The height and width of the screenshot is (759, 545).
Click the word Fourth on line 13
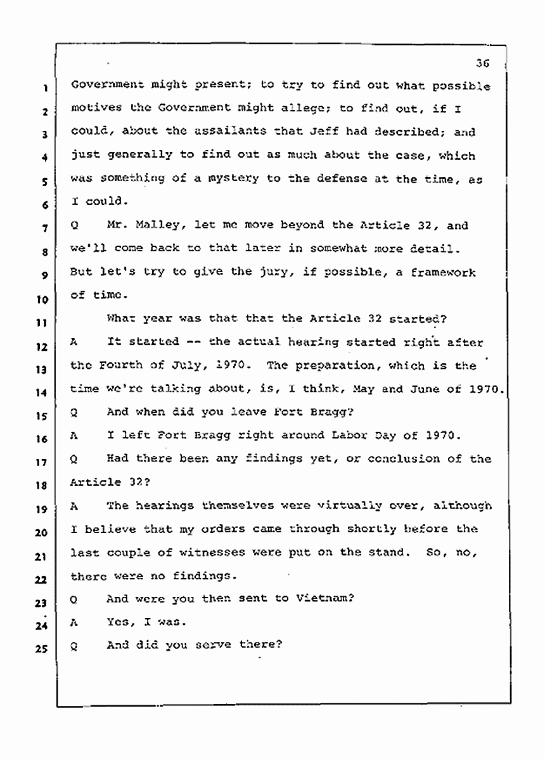(x=117, y=366)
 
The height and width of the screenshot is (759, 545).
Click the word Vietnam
(x=324, y=598)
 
